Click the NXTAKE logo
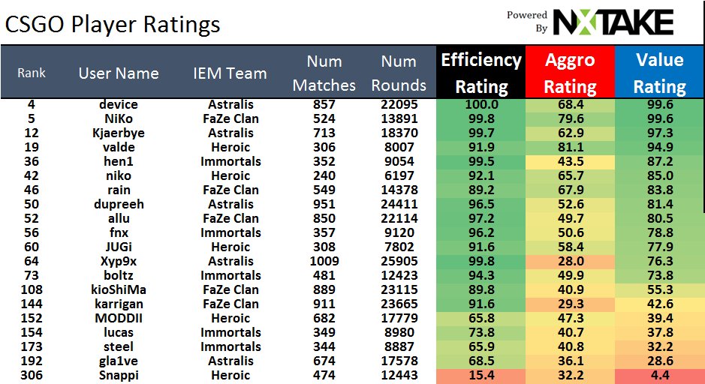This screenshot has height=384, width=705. coord(612,22)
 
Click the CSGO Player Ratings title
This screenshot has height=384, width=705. coord(113,25)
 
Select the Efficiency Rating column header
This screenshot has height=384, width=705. coord(481,73)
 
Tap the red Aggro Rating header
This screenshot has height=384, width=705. coord(570,73)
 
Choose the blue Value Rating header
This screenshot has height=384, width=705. coord(659,73)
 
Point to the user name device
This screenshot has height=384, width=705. coord(118,104)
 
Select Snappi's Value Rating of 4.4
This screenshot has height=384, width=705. coord(659,375)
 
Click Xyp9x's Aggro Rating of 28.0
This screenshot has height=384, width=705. coord(570,261)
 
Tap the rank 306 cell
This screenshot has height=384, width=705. coord(32,375)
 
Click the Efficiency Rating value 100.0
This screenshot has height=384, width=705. coord(481,104)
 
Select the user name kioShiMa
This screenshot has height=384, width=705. coord(118,289)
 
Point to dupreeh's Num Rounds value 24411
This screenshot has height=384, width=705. coord(399,204)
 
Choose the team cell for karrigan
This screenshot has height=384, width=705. coord(230,304)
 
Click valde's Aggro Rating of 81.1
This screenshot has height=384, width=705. coord(570,147)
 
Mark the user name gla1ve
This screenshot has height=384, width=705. coord(118,361)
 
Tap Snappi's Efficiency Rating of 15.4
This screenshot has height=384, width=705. coord(481,375)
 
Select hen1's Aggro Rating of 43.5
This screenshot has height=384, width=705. coord(570,161)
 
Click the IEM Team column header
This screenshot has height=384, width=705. coord(230,73)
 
